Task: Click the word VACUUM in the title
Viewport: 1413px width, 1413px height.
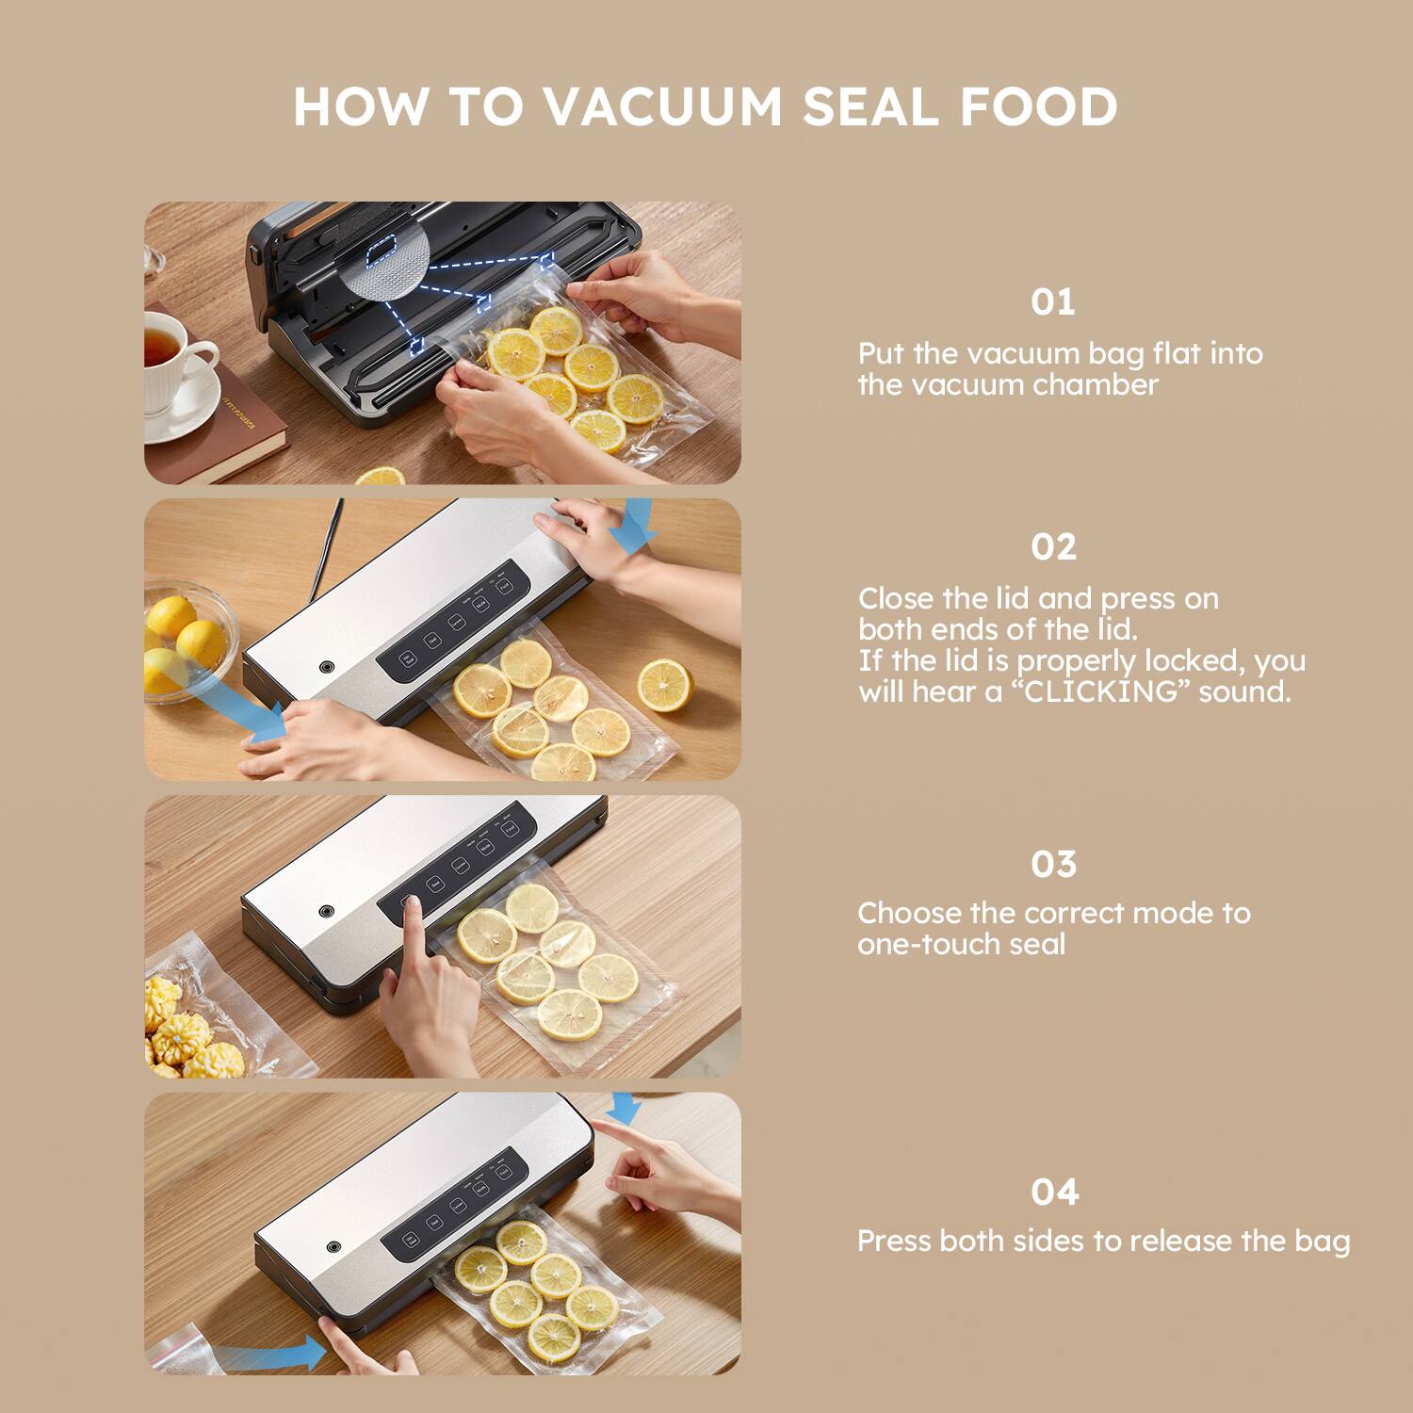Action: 662,106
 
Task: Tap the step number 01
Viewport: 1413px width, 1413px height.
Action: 1052,302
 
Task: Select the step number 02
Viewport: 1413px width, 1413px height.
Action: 1053,547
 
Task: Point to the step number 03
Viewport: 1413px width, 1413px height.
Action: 1053,865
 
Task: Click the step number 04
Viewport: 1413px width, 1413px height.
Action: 1054,1193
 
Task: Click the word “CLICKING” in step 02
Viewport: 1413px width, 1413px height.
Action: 1100,692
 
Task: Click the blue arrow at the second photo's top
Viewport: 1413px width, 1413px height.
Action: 632,525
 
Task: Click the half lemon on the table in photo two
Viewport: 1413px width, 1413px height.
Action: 664,685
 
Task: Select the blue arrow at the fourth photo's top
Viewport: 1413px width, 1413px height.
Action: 623,1109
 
